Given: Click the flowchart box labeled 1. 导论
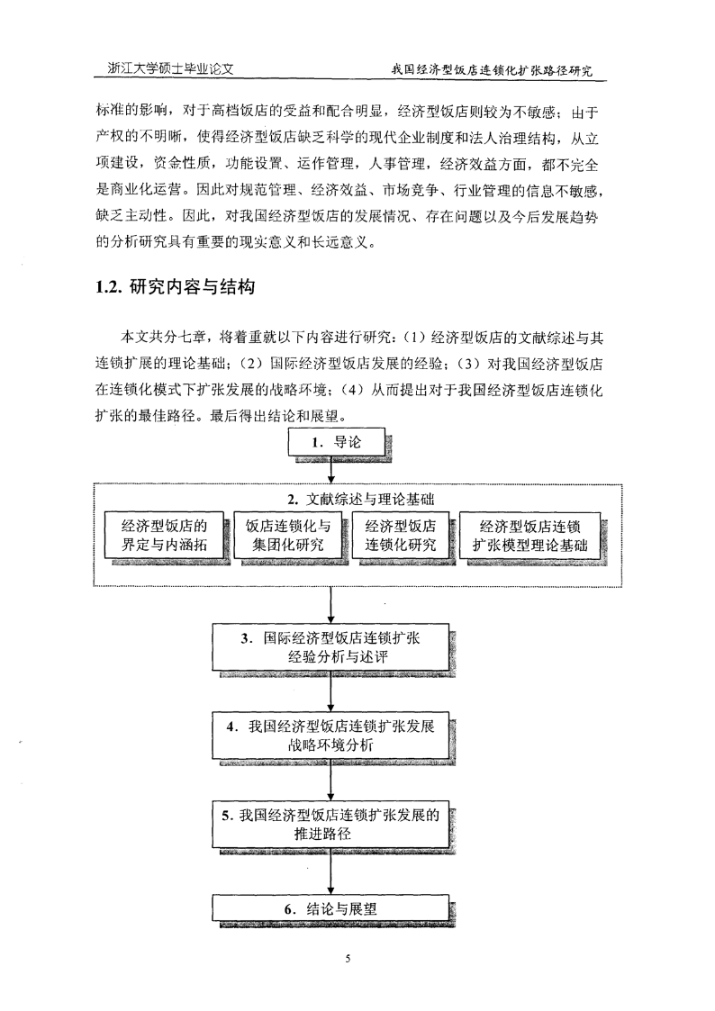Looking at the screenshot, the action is (x=336, y=442).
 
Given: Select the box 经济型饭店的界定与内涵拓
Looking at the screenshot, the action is (x=164, y=535).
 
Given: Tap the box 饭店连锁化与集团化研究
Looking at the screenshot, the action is (x=287, y=535).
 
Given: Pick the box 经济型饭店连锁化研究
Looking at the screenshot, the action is (x=401, y=535).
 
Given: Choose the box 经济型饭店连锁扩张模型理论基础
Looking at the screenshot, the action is (x=529, y=535).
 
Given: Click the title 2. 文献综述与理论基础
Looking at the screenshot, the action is (x=360, y=499).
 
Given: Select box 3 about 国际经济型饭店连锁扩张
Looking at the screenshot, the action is (x=330, y=647).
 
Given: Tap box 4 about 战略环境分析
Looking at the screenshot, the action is (x=330, y=736).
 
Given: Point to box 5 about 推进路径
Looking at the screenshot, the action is (x=330, y=825).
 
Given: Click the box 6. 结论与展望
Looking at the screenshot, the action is (x=330, y=908).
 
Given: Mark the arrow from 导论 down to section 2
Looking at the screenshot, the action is (x=330, y=470).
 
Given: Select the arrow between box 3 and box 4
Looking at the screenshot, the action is (x=330, y=691).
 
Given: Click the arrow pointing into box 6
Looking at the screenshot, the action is (x=330, y=871).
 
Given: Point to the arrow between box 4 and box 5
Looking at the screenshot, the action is (x=330, y=781).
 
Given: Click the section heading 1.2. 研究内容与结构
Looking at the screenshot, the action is (x=176, y=287).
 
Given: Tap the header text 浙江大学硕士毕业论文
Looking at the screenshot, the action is (x=170, y=68).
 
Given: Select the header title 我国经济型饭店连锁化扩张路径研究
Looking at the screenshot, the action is (x=492, y=69).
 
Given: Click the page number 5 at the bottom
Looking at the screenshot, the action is (x=348, y=959).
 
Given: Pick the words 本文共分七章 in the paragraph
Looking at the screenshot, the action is (x=163, y=338).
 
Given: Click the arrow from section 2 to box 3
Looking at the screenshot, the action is (x=330, y=606).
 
